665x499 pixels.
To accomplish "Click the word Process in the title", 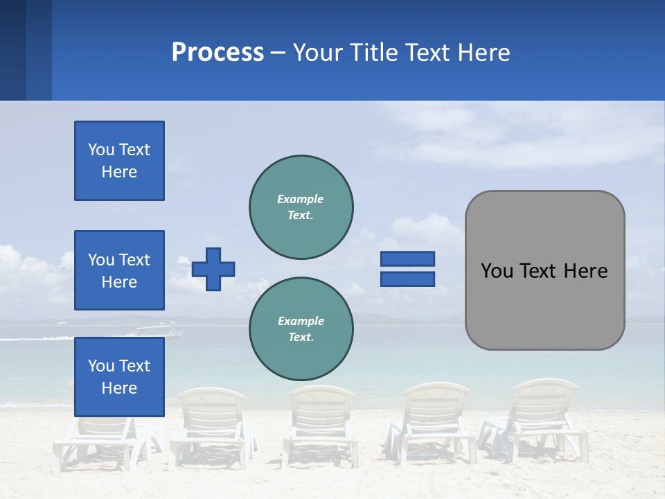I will (x=218, y=53).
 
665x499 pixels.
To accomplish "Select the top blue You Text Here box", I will (x=119, y=161).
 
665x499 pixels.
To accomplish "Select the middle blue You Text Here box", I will (x=119, y=270).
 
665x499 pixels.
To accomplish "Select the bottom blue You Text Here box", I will (x=119, y=376).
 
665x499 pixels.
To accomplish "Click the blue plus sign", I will (x=213, y=269).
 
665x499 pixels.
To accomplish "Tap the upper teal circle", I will (x=301, y=207).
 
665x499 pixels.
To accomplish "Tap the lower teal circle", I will (x=301, y=329).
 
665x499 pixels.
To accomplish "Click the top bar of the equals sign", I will (x=407, y=259).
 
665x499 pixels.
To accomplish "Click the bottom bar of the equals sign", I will (x=407, y=279).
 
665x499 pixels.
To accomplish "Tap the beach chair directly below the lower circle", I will (x=320, y=423).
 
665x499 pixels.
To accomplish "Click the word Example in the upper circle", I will (x=300, y=199).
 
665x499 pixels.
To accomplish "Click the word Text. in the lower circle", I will (x=301, y=338).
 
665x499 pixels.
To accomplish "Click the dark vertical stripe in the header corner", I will (x=12, y=50).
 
